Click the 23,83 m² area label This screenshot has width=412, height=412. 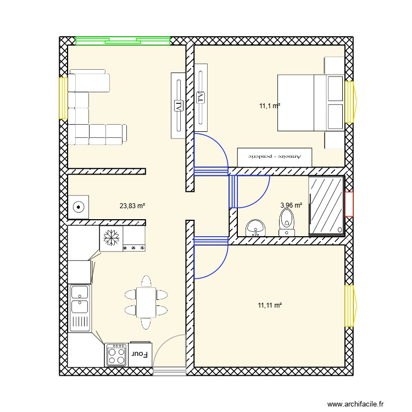[x=132, y=207]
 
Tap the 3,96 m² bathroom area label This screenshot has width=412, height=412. [x=291, y=205]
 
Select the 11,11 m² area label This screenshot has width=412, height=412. [x=270, y=305]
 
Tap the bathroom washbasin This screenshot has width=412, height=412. [x=255, y=227]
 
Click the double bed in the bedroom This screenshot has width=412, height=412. [x=310, y=103]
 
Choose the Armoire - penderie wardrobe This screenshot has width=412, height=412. [x=275, y=157]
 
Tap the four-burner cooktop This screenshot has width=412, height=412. [x=116, y=354]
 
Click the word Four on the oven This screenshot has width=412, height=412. [x=140, y=354]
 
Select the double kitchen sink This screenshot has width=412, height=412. [x=80, y=308]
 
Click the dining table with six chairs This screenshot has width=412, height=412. [x=146, y=303]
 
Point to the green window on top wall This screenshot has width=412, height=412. [x=123, y=40]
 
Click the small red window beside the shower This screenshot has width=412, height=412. [x=349, y=204]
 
